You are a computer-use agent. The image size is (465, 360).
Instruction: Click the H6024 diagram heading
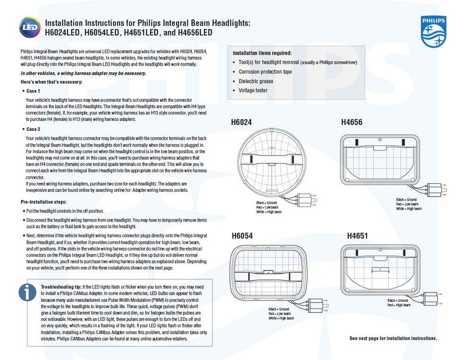coord(245,123)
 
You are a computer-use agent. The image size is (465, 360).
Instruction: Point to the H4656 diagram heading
coord(352,123)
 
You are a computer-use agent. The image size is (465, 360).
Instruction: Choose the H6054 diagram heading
coord(245,236)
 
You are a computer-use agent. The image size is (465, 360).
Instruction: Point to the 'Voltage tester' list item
coord(255,90)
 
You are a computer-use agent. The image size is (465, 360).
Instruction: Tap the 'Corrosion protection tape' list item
coord(269,71)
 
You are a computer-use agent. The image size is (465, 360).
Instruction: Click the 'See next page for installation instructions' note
coord(393,338)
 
